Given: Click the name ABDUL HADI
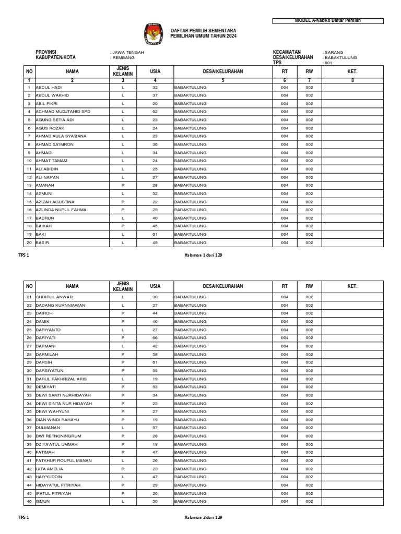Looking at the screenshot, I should [49, 88].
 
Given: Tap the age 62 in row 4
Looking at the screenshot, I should [155, 112].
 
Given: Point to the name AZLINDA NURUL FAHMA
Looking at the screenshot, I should [61, 210].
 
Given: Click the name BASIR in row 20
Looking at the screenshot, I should [42, 242].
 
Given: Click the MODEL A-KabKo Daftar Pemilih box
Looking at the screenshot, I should [328, 20].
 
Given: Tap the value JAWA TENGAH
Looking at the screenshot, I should [128, 53].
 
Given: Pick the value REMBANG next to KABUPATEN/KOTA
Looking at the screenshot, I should [124, 58].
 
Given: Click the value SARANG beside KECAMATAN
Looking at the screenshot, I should [335, 53].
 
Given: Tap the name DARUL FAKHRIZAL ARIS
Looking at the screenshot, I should [61, 379].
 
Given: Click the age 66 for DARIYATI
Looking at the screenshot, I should [155, 338].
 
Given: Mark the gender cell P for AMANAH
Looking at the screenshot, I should [123, 185].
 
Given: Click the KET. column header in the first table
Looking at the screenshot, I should [352, 71].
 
